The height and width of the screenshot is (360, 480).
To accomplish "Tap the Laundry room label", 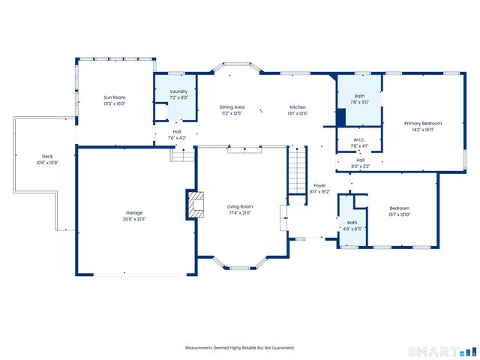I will tap(178, 91).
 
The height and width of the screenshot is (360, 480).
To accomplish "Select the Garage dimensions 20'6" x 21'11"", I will tap(134, 219).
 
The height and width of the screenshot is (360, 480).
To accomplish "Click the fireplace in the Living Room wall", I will tap(195, 204).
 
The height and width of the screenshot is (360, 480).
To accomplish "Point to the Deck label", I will tap(47, 156).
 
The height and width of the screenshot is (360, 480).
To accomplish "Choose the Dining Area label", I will tap(232, 107).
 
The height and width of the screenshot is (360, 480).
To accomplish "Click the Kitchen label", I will tap(298, 107).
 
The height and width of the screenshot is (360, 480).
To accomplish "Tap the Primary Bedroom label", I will tap(423, 123).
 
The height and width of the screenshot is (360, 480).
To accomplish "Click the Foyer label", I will tap(319, 185).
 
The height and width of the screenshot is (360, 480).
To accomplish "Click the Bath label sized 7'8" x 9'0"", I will tap(359, 96).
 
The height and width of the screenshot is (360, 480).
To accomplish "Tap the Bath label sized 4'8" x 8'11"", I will tap(352, 223).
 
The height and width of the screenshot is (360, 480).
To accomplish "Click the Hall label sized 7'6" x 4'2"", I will tap(177, 132).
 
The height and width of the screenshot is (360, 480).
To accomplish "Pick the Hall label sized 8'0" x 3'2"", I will tap(360, 160).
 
